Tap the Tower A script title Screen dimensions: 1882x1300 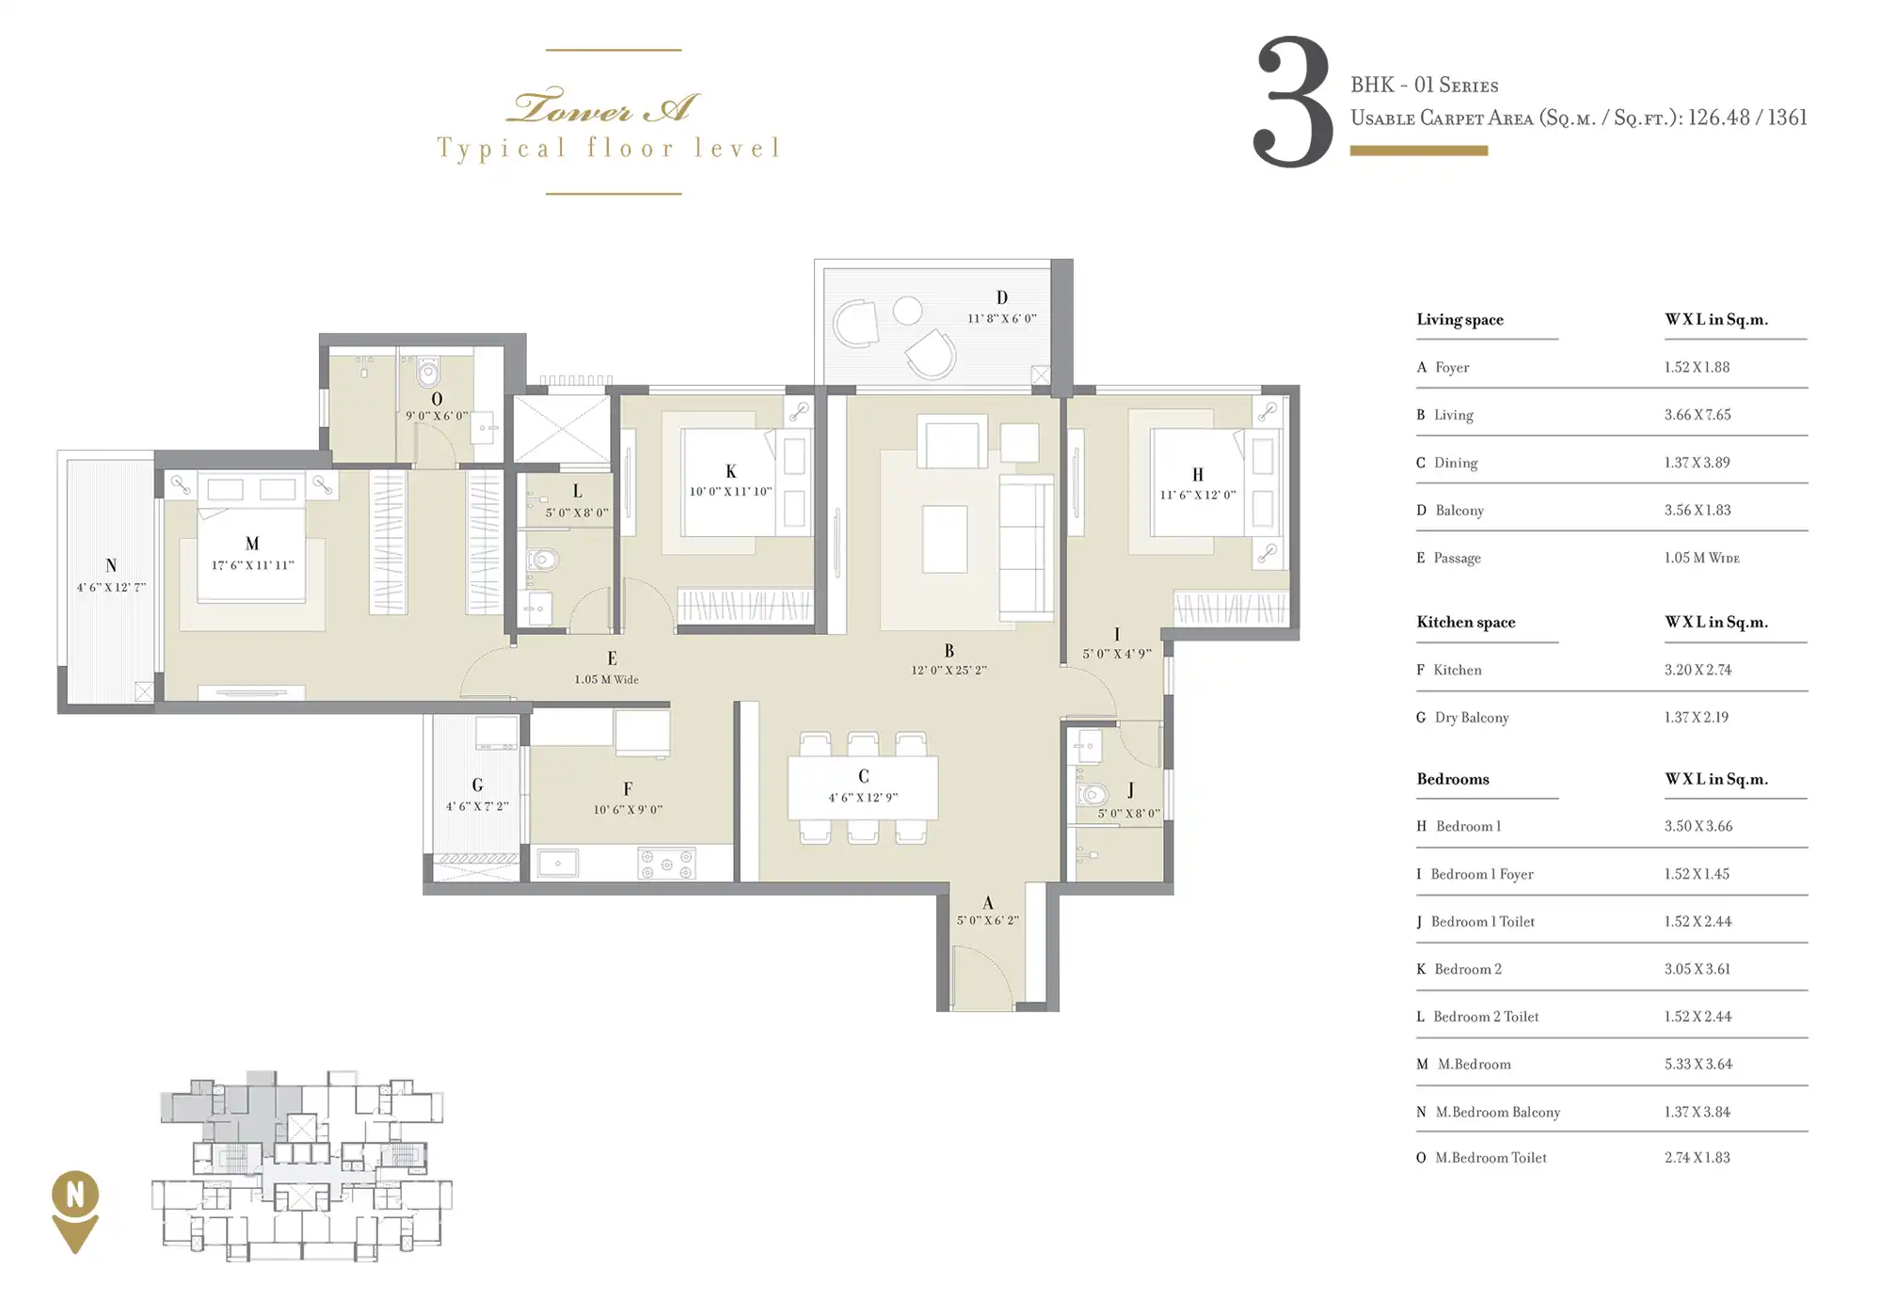603,107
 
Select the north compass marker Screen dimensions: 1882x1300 75,1212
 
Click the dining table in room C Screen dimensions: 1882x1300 863,787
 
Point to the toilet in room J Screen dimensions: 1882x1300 1092,795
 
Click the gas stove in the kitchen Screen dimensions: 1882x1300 666,863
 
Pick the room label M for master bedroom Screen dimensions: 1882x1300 251,544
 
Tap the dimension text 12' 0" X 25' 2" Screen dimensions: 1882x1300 949,670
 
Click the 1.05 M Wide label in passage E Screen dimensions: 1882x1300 607,679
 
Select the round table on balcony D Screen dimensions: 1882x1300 907,310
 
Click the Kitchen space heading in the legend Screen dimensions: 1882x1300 1465,622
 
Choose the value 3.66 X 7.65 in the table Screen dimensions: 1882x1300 1697,415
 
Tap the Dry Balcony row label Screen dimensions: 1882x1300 1472,718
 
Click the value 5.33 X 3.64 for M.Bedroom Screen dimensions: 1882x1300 1698,1064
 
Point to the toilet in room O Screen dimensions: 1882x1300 428,372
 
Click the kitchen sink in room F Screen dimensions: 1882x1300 558,863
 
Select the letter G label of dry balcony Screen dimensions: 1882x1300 477,785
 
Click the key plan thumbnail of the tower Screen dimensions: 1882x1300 301,1166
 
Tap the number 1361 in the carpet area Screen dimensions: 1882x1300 1787,118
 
